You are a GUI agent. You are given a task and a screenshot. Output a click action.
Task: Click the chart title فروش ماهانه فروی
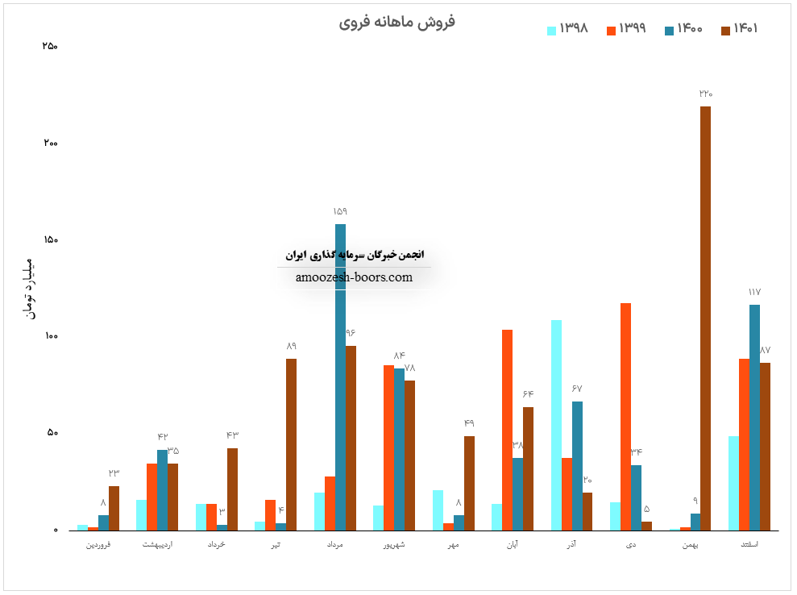396,22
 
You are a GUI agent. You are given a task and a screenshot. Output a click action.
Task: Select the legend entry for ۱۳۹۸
568,29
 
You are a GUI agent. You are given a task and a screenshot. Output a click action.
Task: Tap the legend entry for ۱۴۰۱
740,29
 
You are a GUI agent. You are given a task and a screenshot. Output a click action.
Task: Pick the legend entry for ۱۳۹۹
625,29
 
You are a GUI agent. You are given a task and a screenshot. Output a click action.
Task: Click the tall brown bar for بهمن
705,318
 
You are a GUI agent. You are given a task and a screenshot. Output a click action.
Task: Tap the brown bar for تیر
291,444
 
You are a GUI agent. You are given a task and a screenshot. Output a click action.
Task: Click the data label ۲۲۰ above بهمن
705,94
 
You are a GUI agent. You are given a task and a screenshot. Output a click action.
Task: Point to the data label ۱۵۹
340,211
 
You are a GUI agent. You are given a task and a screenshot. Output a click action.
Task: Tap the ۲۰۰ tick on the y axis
50,144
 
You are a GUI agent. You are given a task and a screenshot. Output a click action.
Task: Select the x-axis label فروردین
98,546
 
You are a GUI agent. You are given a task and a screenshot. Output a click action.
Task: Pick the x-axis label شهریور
394,546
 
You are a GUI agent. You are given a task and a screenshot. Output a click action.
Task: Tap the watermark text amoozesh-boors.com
354,277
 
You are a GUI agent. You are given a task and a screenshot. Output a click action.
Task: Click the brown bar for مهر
469,483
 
